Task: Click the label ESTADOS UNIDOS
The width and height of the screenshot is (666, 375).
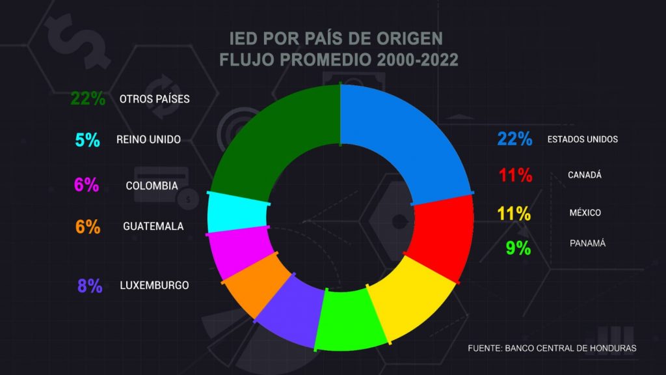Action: [x=582, y=139]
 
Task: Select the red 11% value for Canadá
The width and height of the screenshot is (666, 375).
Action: [x=516, y=175]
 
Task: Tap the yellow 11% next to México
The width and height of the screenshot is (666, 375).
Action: [x=514, y=214]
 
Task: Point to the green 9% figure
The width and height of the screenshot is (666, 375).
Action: [x=519, y=248]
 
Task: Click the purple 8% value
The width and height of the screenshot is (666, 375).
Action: [x=90, y=286]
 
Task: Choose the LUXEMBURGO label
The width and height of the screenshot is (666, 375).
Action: [x=154, y=285]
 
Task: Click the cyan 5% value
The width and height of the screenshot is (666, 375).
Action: [x=87, y=139]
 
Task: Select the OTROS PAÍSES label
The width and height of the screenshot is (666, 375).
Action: [x=155, y=100]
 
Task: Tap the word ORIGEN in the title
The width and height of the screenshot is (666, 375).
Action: [x=413, y=37]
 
